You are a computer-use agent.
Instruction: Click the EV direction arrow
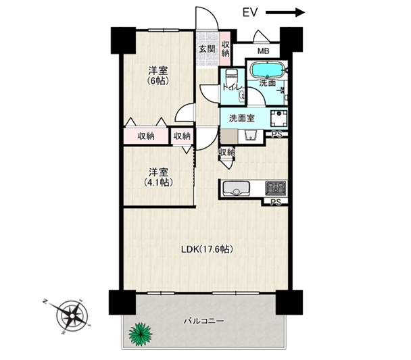[x=285, y=12]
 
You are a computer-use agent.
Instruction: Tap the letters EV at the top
[x=250, y=12]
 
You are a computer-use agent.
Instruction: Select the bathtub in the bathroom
[x=267, y=70]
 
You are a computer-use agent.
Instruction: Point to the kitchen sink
[x=236, y=188]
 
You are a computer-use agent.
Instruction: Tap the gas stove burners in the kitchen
[x=276, y=188]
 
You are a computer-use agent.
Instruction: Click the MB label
[x=263, y=51]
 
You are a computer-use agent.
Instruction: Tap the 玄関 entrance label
[x=207, y=49]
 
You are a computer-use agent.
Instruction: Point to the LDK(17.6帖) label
[x=207, y=249]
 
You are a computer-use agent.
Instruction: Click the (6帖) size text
[x=158, y=81]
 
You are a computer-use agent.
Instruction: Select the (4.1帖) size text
[x=158, y=182]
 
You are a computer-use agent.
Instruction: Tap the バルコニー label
[x=203, y=321]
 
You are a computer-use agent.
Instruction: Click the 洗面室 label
[x=242, y=118]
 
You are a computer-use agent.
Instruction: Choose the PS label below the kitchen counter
[x=276, y=202]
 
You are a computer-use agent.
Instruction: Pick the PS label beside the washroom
[x=276, y=134]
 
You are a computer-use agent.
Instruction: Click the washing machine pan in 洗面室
[x=279, y=118]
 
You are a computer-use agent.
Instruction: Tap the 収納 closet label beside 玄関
[x=225, y=49]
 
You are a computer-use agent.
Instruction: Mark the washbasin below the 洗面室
[x=251, y=136]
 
